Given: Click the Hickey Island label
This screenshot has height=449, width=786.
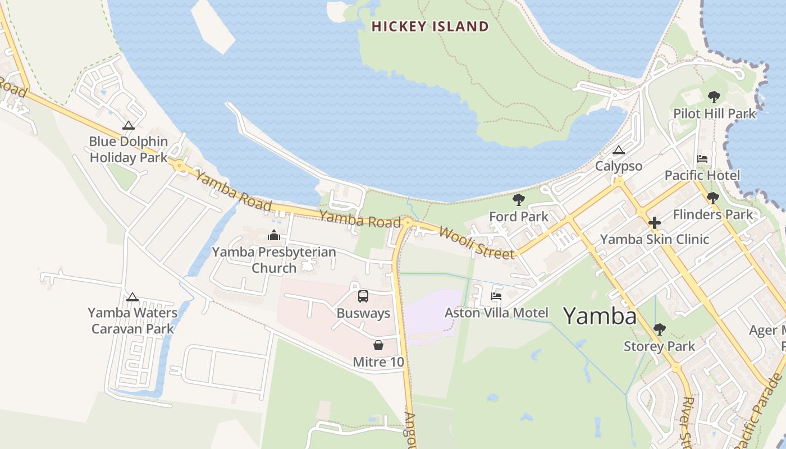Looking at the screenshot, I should pyautogui.click(x=430, y=26).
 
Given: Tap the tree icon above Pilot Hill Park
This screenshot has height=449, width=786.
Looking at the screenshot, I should pyautogui.click(x=714, y=97).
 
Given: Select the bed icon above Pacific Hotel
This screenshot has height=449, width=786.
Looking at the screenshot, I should pyautogui.click(x=702, y=159).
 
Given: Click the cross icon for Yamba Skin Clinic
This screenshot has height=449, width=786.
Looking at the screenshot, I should pyautogui.click(x=654, y=223).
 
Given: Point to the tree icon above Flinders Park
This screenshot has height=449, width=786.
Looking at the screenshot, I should pyautogui.click(x=712, y=198).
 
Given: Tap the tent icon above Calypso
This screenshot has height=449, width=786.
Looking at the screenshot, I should pyautogui.click(x=618, y=150).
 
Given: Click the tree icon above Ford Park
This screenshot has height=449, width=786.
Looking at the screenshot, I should pyautogui.click(x=518, y=200).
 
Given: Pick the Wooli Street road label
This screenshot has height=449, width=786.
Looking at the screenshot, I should pyautogui.click(x=476, y=242).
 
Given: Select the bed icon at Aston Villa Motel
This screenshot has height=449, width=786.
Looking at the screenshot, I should pyautogui.click(x=496, y=296).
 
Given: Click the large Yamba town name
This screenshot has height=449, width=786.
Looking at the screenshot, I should pyautogui.click(x=600, y=316).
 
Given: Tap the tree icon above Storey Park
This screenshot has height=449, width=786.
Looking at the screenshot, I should pyautogui.click(x=659, y=329).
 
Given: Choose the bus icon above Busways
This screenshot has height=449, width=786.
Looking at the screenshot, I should pyautogui.click(x=363, y=296).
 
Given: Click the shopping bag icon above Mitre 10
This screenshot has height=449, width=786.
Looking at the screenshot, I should pyautogui.click(x=378, y=345).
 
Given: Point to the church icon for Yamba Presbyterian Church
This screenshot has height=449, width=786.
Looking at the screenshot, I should pyautogui.click(x=274, y=235).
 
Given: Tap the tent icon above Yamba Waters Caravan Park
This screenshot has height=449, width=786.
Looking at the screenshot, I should pyautogui.click(x=132, y=297).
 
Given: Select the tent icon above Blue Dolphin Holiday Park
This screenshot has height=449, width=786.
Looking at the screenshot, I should pyautogui.click(x=129, y=125).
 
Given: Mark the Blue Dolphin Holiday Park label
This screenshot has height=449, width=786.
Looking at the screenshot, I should pyautogui.click(x=129, y=149).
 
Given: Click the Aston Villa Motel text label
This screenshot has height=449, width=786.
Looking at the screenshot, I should pyautogui.click(x=496, y=313).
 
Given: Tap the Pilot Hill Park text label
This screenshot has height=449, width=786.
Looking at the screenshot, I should pyautogui.click(x=715, y=114).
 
